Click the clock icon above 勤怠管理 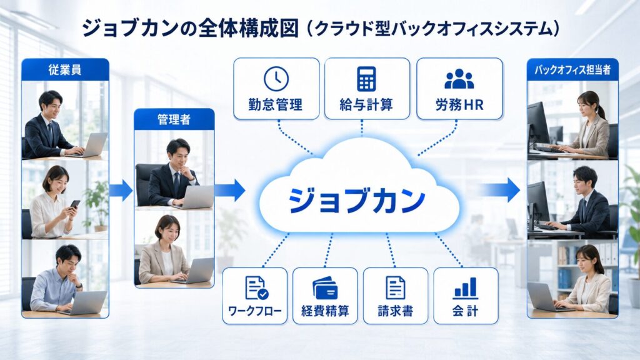point(276,79)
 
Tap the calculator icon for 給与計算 point(366,78)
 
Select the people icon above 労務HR point(459,79)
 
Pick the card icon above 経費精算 point(325,288)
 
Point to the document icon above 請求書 point(395,287)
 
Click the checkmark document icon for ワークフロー point(256,288)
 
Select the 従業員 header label point(65,70)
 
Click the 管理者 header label point(174,119)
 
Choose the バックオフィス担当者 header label point(572,70)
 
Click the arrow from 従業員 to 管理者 point(121,190)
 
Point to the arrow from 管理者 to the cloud point(229,190)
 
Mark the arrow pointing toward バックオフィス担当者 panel point(500,190)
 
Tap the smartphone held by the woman point(75,204)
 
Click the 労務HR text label point(459,105)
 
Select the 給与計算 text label point(366,105)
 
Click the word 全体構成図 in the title point(249,29)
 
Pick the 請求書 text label point(395,311)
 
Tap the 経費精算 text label point(325,311)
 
